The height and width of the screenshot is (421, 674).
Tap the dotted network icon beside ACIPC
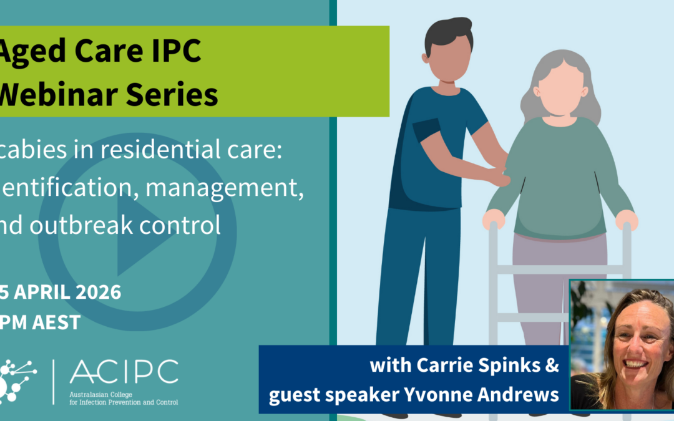(17, 377)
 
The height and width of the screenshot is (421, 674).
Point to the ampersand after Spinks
(552, 366)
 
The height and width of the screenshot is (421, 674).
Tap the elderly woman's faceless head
(560, 88)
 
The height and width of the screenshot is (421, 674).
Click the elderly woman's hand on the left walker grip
(494, 218)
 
